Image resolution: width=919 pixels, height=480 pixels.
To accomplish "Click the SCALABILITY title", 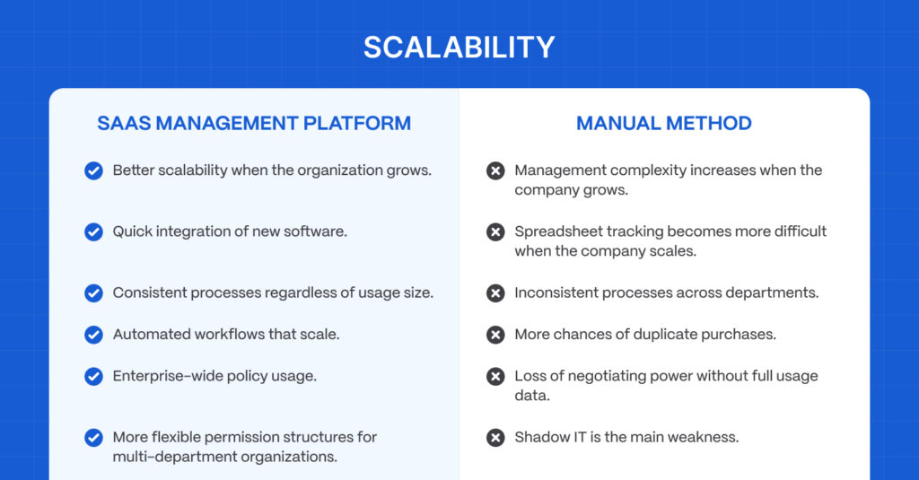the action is click(459, 48).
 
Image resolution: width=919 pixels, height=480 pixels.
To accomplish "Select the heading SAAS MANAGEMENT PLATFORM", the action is click(254, 124).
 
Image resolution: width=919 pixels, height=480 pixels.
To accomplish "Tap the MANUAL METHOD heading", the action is click(663, 124).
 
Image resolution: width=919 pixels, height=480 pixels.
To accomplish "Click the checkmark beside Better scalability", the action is click(93, 170).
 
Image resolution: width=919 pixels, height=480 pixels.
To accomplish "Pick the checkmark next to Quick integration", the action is click(93, 232).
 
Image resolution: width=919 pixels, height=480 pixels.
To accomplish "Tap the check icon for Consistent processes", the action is click(93, 293).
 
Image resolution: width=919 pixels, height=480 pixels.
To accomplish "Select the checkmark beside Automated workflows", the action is click(93, 335).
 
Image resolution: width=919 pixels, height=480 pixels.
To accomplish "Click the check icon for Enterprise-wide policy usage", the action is click(93, 376).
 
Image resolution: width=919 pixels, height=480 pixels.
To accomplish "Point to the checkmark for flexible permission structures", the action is click(93, 438).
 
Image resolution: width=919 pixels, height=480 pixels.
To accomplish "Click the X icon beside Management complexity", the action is click(495, 170).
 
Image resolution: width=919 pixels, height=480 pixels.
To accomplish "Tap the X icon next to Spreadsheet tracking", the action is click(495, 232).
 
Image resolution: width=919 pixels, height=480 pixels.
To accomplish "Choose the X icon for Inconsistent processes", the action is click(495, 293).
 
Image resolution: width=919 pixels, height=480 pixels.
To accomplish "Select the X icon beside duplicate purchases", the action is click(495, 335).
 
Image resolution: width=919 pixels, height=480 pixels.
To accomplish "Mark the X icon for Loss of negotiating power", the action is click(495, 376).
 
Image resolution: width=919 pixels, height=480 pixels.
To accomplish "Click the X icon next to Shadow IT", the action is click(495, 438).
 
